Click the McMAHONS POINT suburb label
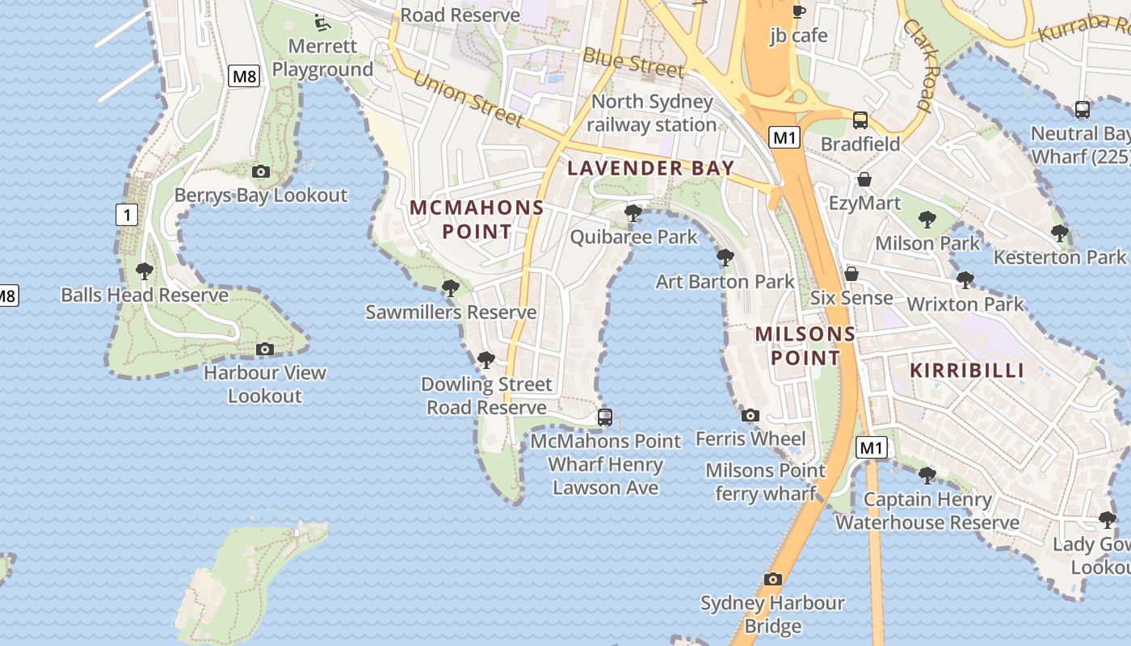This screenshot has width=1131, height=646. point(477,220)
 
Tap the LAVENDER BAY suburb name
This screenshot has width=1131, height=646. point(650,168)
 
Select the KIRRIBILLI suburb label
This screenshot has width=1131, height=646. point(967,371)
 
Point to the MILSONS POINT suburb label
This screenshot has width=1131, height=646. point(805,346)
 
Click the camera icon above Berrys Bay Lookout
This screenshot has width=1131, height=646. point(260,171)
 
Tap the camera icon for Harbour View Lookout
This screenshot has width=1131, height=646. point(264,349)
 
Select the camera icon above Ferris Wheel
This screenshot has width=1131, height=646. point(750,415)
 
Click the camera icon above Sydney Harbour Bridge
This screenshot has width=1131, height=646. point(773,579)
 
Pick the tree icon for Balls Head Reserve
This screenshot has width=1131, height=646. point(145,271)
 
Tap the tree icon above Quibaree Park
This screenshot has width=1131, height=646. point(633,213)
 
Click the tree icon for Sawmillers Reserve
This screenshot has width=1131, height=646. point(451,287)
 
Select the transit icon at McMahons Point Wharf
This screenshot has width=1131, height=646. point(604,417)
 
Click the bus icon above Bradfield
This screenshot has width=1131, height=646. point(860,120)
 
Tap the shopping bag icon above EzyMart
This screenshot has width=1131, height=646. point(864,178)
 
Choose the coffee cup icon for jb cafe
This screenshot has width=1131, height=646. point(798,10)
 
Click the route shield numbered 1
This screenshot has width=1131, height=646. point(126,215)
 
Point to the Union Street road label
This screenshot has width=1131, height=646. point(468,99)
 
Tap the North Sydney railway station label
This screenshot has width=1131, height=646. point(651,113)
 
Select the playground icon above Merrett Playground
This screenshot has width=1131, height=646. point(322,21)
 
